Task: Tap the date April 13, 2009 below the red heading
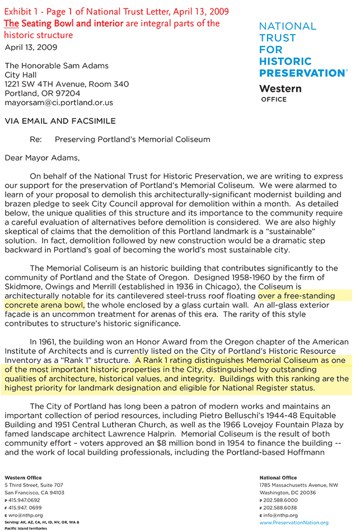pyautogui.click(x=31, y=47)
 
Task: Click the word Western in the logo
pyautogui.click(x=280, y=88)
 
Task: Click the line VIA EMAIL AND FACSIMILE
pyautogui.click(x=60, y=120)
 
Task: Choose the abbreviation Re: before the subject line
pyautogui.click(x=37, y=139)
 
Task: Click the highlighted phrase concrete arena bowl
pyautogui.click(x=44, y=305)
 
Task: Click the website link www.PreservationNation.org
pyautogui.click(x=293, y=522)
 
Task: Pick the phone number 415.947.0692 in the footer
pyautogui.click(x=24, y=500)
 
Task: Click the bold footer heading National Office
pyautogui.click(x=274, y=477)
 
